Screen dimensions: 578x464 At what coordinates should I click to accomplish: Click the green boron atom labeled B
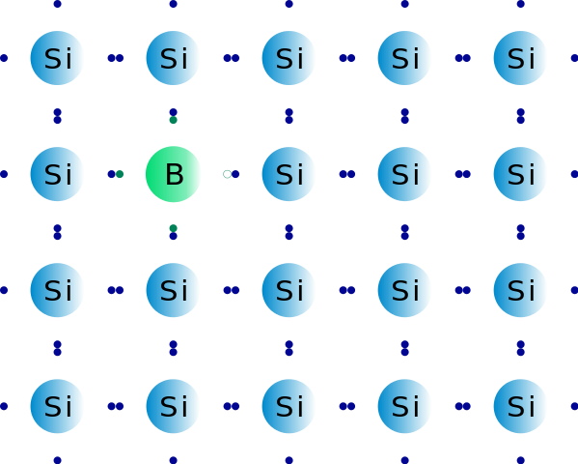[174, 174]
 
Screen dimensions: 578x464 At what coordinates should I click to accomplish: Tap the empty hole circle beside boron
[227, 174]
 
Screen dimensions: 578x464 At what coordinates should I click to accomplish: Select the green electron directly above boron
[174, 120]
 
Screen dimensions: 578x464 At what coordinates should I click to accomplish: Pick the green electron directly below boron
[174, 228]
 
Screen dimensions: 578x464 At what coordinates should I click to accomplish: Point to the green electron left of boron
[120, 174]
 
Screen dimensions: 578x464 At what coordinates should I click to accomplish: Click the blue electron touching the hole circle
[235, 174]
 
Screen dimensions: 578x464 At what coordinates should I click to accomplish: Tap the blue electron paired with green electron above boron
[174, 112]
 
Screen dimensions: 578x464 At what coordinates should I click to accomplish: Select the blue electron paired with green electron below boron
[174, 236]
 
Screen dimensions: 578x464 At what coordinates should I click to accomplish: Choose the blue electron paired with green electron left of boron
[111, 174]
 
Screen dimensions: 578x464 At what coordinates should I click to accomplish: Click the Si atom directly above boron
[174, 58]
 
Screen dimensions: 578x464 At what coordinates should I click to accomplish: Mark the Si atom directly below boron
[174, 290]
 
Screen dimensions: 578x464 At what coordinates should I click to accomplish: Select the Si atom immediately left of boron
[58, 174]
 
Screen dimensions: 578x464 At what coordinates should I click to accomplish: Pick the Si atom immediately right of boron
[289, 174]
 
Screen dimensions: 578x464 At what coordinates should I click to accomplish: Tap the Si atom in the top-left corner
[58, 58]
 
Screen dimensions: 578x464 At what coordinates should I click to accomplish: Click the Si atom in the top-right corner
[520, 58]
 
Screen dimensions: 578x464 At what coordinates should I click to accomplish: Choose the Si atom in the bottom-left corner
[58, 406]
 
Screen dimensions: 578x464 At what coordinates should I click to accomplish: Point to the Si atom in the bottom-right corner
[520, 406]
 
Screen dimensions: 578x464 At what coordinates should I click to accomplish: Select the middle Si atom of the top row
[289, 58]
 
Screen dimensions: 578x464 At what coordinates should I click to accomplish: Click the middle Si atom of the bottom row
[289, 406]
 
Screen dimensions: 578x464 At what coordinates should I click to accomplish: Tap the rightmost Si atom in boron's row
[520, 174]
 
